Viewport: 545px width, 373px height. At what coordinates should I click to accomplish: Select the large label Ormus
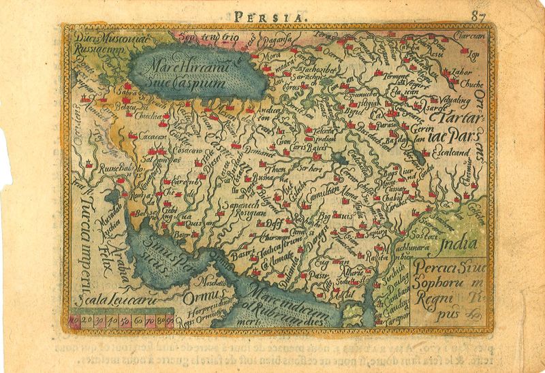(x=199, y=297)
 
